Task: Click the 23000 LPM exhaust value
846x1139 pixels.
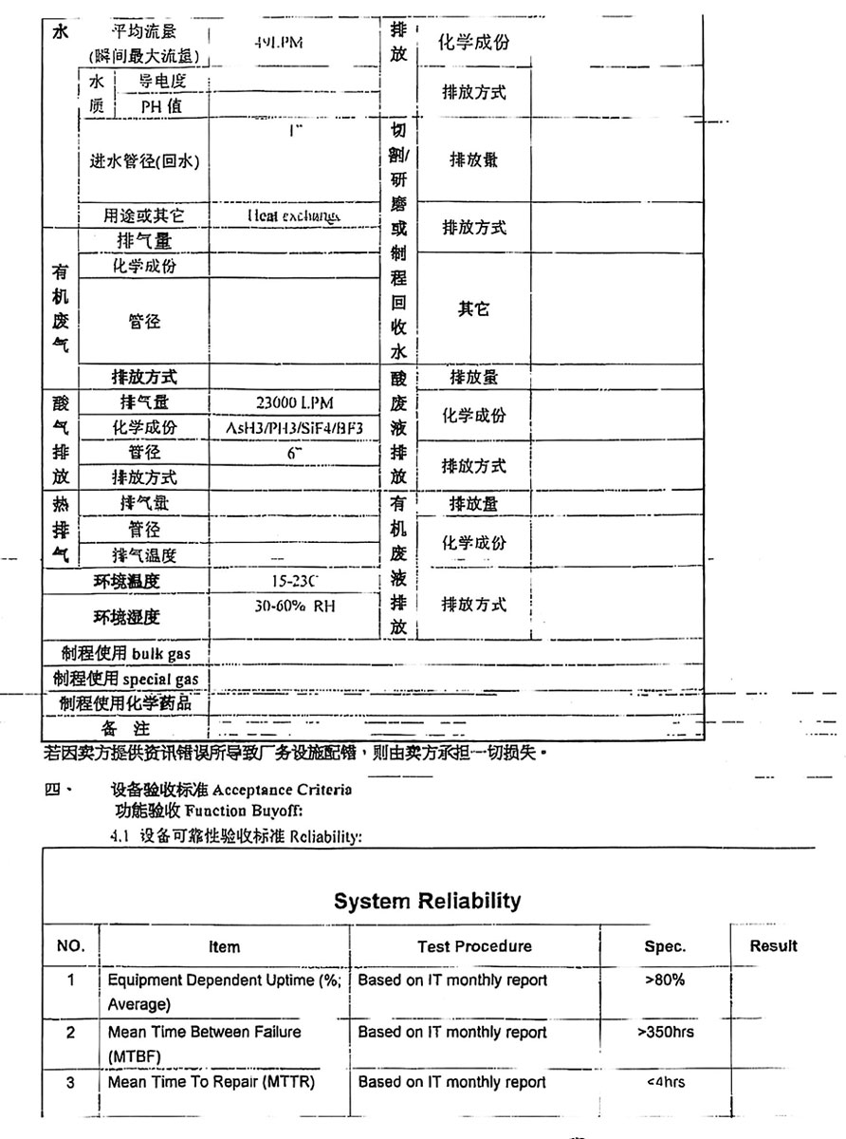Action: point(295,402)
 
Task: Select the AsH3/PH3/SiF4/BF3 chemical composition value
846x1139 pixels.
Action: point(295,427)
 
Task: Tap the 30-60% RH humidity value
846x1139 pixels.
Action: point(295,605)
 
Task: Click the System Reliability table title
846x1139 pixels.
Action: point(427,901)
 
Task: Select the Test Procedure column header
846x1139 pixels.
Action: point(474,946)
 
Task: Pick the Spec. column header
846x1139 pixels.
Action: point(665,946)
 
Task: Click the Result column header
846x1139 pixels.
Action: point(773,945)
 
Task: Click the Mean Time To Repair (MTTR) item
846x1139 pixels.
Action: point(211,1082)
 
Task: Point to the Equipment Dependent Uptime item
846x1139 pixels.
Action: point(225,980)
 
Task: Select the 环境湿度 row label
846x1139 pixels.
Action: point(126,617)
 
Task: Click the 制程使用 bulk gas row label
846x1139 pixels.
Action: point(121,654)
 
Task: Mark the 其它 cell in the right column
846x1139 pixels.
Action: point(473,309)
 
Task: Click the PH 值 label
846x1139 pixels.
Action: point(161,107)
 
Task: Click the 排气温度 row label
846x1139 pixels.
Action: point(145,555)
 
